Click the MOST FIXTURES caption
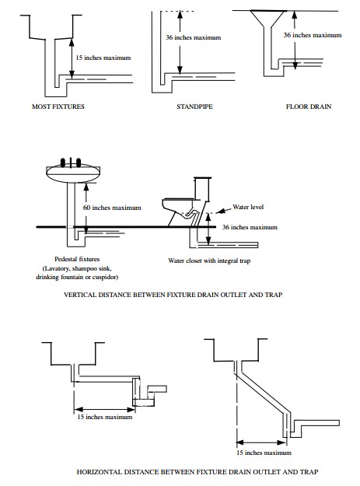tap(58, 107)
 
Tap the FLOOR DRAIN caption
tap(309, 107)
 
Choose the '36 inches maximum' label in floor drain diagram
tap(311, 36)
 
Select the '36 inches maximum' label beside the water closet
tap(251, 227)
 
